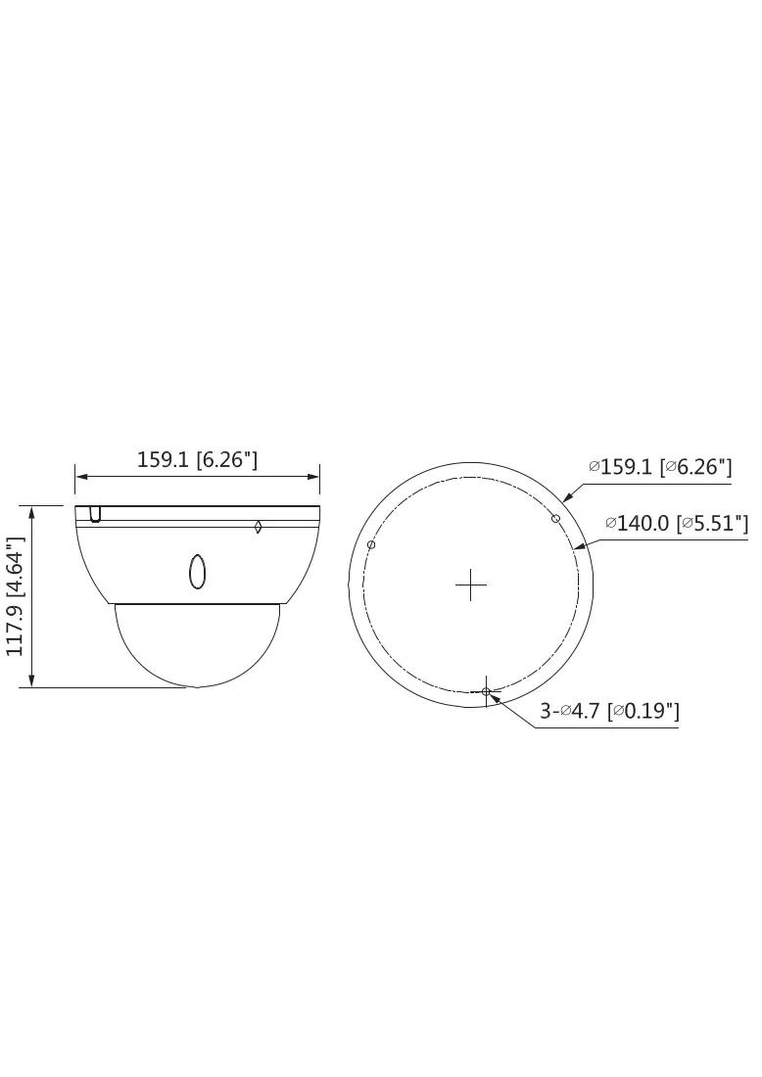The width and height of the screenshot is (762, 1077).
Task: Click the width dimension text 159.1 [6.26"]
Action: point(197,459)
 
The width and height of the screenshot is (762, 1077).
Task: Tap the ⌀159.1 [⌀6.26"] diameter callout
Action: point(660,467)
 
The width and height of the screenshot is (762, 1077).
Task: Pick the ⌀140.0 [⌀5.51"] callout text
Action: point(677,524)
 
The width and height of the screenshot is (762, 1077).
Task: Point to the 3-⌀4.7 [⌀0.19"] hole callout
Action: point(609,710)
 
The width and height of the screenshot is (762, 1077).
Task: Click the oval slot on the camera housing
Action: point(197,571)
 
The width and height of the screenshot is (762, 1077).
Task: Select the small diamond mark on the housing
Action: point(258,527)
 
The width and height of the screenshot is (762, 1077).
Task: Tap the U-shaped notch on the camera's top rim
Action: point(96,514)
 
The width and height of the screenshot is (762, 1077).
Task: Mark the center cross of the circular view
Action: point(471,585)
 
